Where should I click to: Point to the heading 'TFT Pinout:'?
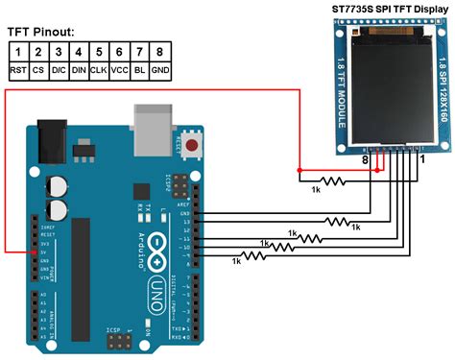click(47, 31)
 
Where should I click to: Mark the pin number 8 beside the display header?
click(365, 163)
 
